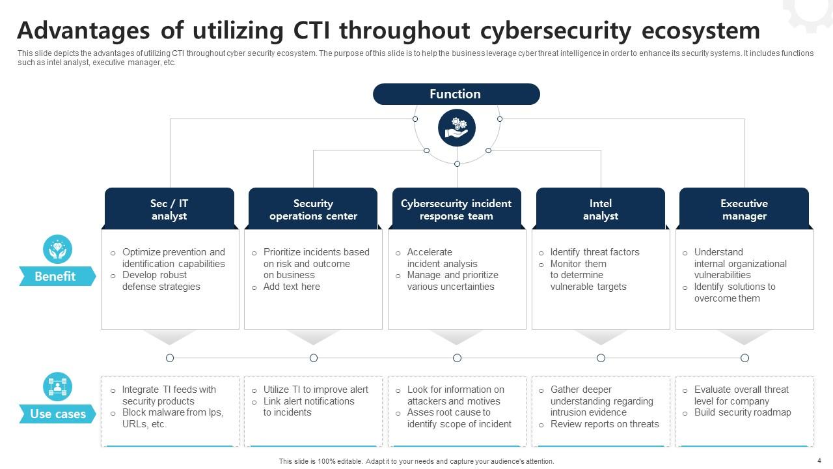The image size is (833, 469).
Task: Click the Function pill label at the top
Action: point(456,94)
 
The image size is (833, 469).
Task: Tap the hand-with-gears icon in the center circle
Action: point(456,128)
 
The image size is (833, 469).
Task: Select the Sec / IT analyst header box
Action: point(169,209)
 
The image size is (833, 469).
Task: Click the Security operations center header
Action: point(313,209)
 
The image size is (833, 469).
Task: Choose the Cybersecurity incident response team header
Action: point(456,209)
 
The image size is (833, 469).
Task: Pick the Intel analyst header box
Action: point(600,209)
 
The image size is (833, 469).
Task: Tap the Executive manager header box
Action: point(744,209)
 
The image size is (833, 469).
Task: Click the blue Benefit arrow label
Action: point(56,276)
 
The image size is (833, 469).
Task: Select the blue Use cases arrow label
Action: point(57,414)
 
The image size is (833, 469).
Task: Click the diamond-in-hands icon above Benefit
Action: point(57,249)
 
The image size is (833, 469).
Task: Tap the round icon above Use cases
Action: point(57,387)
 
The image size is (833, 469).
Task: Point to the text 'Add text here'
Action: point(292,287)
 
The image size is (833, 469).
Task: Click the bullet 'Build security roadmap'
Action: point(743,412)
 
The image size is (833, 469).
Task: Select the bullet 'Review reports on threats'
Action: point(605,424)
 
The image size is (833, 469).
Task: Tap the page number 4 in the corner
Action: point(819,461)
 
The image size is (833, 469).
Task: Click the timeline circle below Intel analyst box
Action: point(601,358)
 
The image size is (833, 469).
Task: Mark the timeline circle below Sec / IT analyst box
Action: point(170,358)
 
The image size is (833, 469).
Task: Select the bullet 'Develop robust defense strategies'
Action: point(161,281)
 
